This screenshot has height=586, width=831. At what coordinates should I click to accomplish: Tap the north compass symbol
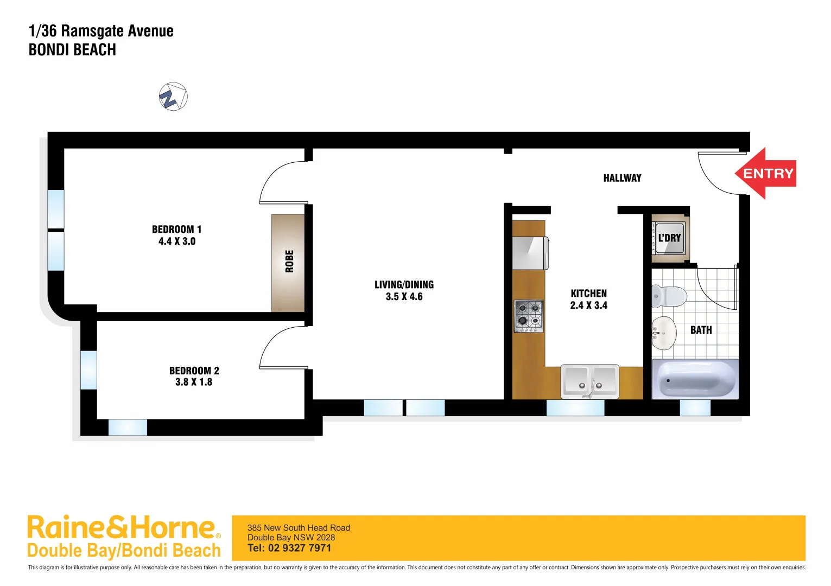point(173,97)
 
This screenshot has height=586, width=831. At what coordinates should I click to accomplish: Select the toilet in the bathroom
point(669,296)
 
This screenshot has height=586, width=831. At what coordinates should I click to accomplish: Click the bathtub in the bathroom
point(695,379)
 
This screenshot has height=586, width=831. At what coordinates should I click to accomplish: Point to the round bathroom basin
point(664,333)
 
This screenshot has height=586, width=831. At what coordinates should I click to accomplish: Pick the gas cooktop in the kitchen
point(529,316)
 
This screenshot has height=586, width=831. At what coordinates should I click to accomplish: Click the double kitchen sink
point(589,381)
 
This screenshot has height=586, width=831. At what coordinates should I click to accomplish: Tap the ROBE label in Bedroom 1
point(289,261)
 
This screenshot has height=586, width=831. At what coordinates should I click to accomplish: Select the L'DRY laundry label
point(669,238)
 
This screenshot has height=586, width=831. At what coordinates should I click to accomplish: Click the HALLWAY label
point(622,178)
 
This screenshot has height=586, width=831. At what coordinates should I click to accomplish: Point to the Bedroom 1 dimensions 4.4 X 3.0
point(177,241)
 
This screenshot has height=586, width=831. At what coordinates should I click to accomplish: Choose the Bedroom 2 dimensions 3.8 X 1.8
point(194,382)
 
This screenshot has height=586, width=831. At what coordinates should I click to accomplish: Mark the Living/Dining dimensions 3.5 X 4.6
point(404,297)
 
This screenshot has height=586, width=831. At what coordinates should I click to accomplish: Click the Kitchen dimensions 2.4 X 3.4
point(588,305)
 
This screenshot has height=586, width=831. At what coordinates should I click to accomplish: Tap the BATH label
point(701,330)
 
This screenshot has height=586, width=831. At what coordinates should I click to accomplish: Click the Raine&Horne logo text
point(122,528)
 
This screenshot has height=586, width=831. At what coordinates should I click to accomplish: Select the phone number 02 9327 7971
point(299,548)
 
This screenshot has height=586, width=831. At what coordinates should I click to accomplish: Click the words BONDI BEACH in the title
point(72,50)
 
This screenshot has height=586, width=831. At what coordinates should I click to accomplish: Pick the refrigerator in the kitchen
point(530,253)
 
